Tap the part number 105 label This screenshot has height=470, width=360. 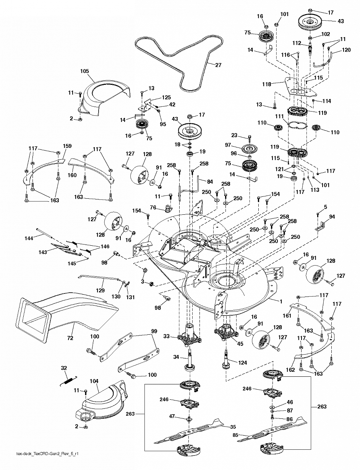[84, 71]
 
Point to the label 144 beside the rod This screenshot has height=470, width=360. [29, 238]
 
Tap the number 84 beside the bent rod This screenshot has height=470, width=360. [210, 182]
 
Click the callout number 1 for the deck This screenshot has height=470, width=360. [281, 301]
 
